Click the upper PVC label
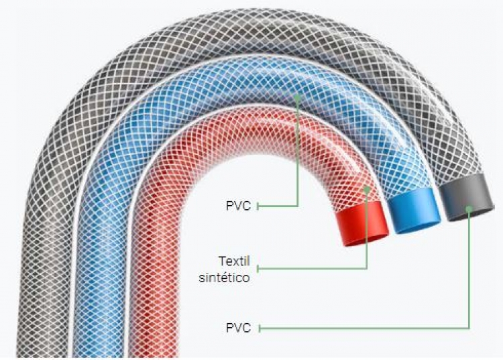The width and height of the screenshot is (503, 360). click(238, 206)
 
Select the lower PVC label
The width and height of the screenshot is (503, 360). click(238, 328)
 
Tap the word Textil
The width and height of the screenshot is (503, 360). click(234, 261)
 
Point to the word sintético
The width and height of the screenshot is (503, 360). click(224, 278)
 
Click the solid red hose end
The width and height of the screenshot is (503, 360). click(361, 224)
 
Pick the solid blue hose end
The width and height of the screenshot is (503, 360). click(414, 210)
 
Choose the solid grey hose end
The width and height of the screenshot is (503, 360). click(466, 197)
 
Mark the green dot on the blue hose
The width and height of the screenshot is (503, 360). click(297, 96)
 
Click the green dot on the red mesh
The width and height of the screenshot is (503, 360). click(367, 189)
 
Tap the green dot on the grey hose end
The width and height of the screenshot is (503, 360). click(469, 208)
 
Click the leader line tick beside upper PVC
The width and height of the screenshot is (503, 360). click(258, 206)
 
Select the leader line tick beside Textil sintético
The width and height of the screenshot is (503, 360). click(258, 268)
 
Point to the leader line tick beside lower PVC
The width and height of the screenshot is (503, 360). click(259, 328)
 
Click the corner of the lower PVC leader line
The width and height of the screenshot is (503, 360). click(469, 328)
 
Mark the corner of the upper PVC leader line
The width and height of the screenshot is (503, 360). click(297, 206)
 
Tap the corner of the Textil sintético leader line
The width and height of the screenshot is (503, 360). click(367, 268)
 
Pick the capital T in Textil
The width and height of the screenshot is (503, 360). click(222, 261)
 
